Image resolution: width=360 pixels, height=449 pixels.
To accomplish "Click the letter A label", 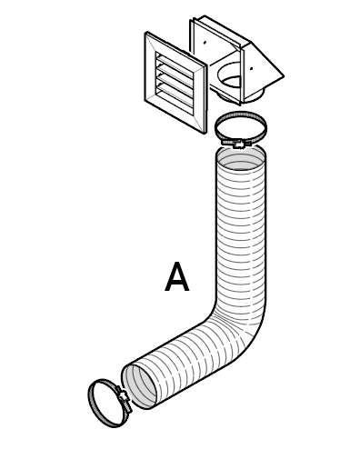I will pos(177,277).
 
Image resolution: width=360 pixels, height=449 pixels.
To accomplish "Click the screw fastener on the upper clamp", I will pos(238,143).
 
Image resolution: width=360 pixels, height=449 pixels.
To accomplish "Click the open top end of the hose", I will pos(242,162).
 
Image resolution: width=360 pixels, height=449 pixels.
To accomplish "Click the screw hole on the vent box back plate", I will pos(205,42).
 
